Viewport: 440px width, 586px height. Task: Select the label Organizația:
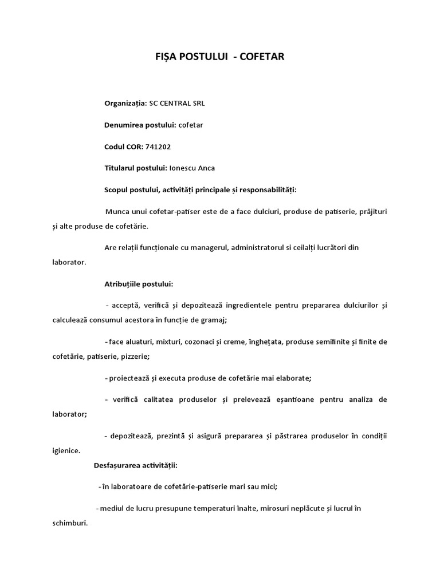click(x=125, y=104)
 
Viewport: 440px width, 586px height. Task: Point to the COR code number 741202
click(x=158, y=146)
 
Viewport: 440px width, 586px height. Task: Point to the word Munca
click(x=118, y=212)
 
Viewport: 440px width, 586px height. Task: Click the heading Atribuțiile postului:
click(x=139, y=283)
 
